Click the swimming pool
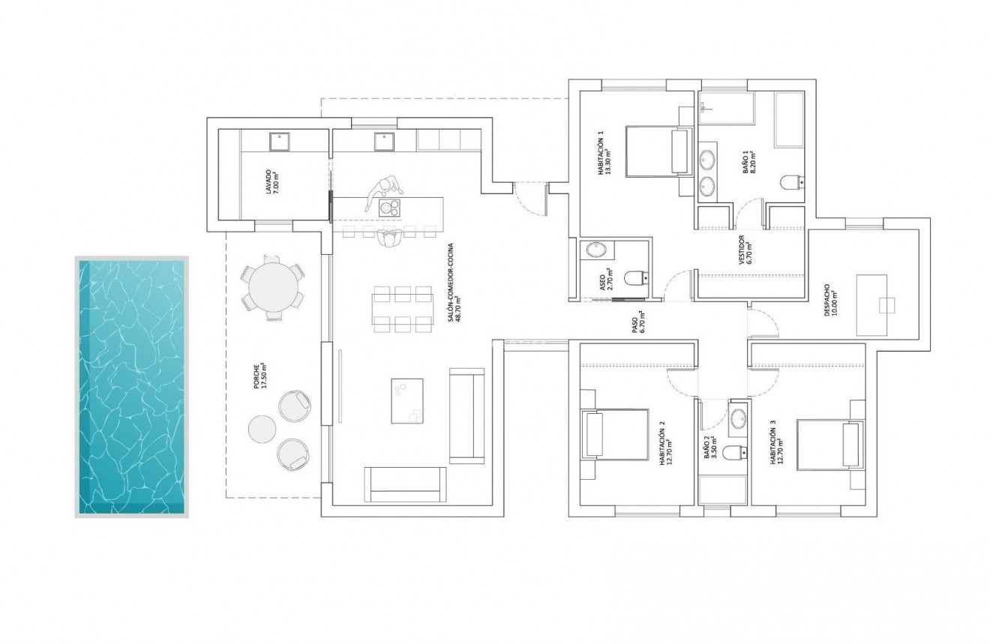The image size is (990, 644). tap(131, 387)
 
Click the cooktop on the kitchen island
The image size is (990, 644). tap(389, 207)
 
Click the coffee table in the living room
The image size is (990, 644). tap(406, 401)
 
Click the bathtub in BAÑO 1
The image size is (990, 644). tap(789, 120)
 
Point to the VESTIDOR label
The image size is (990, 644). tap(745, 252)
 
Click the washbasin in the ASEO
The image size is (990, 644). tap(597, 250)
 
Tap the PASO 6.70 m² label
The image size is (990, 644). tap(637, 324)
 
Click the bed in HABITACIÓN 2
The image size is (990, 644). tap(615, 435)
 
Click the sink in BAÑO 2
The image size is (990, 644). tap(737, 418)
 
